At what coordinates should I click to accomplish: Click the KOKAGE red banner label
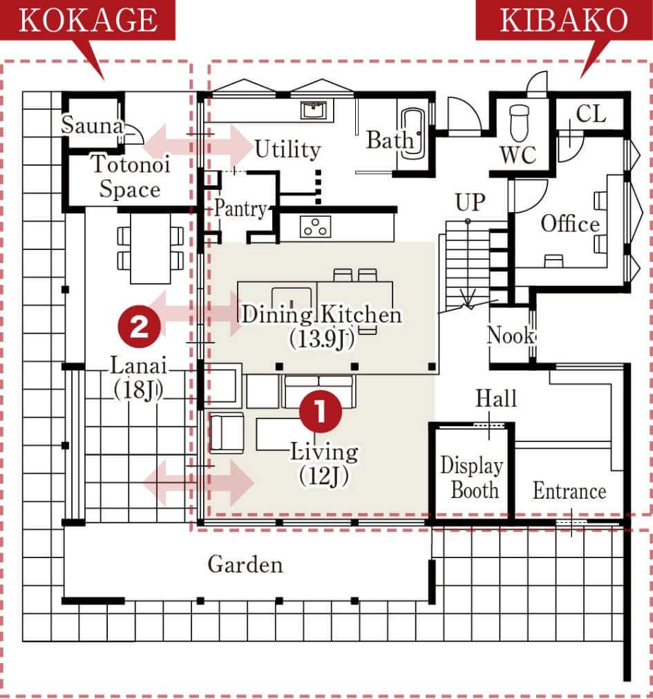88,20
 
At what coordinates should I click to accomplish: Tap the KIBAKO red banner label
564,20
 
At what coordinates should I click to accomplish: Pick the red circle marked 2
139,326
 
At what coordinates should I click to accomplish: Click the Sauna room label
92,125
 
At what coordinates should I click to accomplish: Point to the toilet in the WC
519,122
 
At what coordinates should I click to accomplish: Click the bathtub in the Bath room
412,133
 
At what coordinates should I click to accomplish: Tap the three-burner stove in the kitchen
315,226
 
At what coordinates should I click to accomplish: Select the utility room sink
314,110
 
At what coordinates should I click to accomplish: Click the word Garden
245,564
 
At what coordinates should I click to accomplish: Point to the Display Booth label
473,477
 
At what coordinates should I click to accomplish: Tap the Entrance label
569,491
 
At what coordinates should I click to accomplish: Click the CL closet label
591,114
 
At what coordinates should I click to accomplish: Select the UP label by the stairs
470,202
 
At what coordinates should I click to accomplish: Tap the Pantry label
240,208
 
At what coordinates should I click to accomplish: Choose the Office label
570,223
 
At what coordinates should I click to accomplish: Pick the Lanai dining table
151,248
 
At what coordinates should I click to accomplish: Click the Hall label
496,398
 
